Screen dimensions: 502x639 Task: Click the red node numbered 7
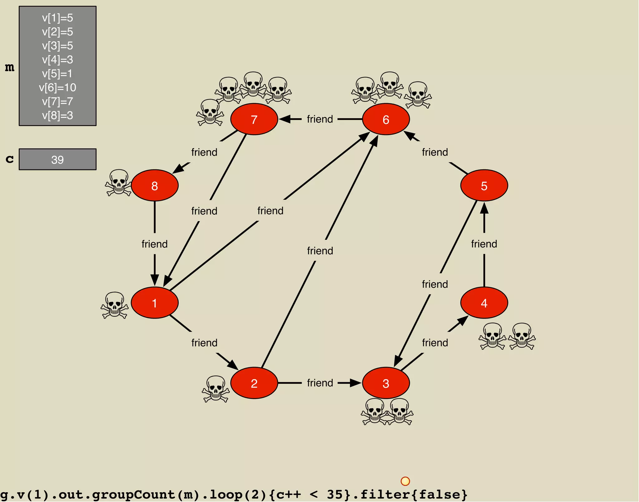pos(254,119)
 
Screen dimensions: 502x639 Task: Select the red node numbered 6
pos(386,119)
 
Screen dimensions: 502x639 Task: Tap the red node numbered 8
pos(154,185)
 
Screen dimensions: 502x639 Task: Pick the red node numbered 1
pos(154,303)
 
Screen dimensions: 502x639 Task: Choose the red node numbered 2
pos(254,383)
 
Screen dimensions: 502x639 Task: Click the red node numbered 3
pos(386,383)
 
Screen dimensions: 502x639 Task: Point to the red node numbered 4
pos(484,303)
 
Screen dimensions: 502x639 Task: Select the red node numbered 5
pos(484,185)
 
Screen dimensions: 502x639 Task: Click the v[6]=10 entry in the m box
pos(57,88)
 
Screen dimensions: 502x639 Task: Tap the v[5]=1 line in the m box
pos(57,74)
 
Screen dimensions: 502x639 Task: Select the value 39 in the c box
pos(57,160)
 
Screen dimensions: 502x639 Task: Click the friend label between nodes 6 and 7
pos(320,119)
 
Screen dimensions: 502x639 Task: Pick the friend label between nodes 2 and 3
pos(320,383)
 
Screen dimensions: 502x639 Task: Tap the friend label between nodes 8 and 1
pos(154,244)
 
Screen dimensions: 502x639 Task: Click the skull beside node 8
pos(118,183)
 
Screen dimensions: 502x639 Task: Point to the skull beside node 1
pos(115,305)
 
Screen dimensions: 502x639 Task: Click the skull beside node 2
pos(216,389)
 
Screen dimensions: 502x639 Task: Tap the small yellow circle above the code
pos(405,481)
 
